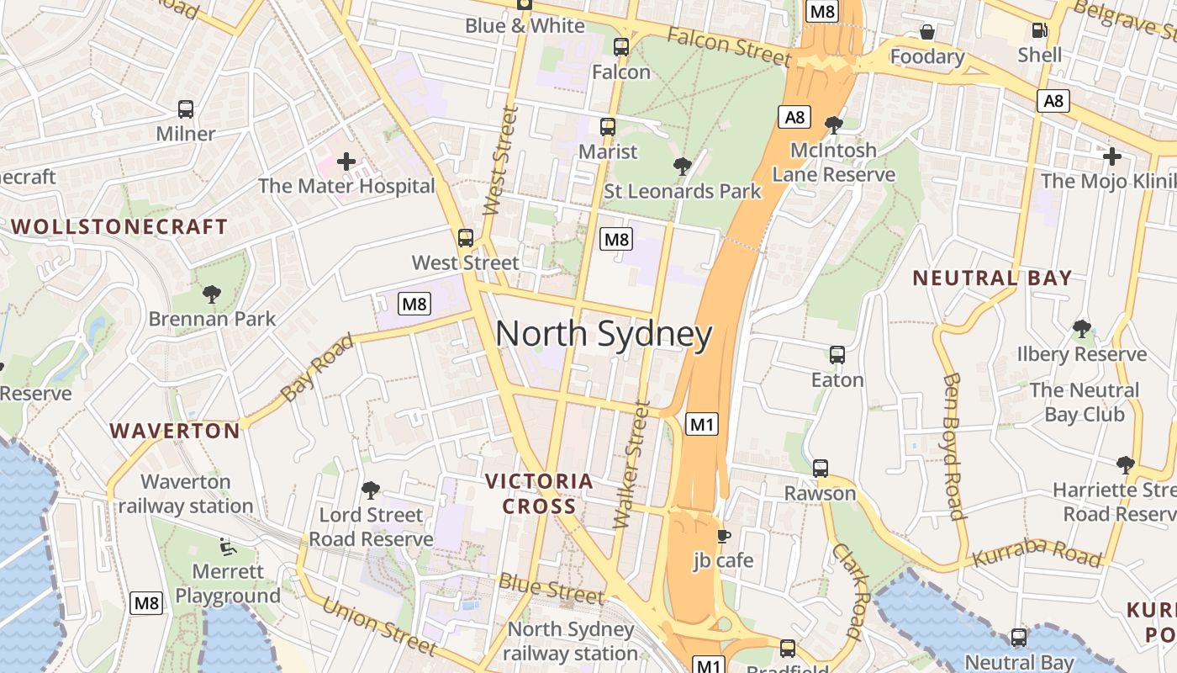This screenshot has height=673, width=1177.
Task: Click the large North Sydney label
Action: click(604, 334)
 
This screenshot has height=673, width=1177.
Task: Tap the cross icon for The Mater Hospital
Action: click(346, 161)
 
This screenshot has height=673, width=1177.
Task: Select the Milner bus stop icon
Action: click(186, 109)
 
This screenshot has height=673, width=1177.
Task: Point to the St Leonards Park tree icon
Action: click(683, 166)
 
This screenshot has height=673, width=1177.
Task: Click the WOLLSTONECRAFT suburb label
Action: click(119, 227)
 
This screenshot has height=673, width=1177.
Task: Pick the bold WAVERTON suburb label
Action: click(175, 431)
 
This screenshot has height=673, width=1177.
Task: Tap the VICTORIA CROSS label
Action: click(539, 494)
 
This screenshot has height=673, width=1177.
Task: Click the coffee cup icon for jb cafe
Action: click(723, 536)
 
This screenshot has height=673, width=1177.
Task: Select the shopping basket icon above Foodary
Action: click(926, 32)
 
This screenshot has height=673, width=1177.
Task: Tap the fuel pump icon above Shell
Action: click(1040, 30)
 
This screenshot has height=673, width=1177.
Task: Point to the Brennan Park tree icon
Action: click(212, 294)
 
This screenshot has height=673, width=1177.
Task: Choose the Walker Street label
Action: click(631, 464)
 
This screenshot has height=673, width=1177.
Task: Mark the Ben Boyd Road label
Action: click(953, 446)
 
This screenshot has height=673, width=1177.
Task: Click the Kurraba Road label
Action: click(1036, 556)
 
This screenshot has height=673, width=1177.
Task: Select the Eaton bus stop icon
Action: click(837, 354)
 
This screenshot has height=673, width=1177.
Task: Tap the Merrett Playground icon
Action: click(226, 547)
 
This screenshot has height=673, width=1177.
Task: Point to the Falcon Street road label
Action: click(730, 45)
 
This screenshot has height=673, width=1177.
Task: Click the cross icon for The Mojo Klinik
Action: click(1111, 156)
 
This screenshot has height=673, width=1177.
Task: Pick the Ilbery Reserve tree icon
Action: click(1081, 329)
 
